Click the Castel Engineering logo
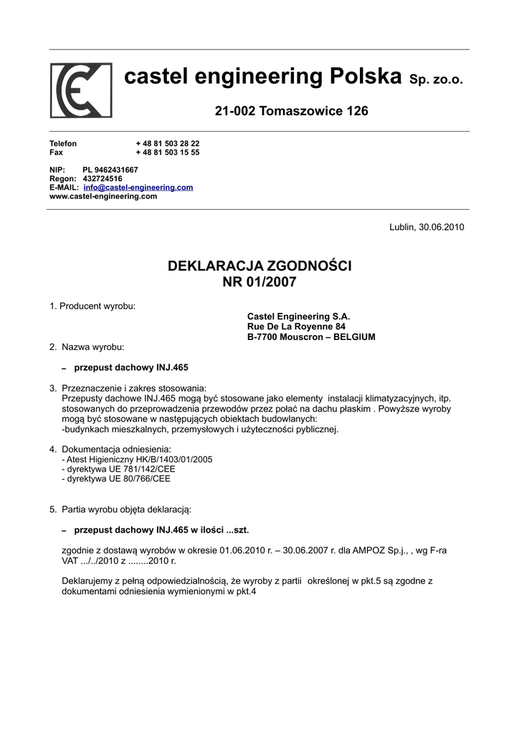(x=81, y=90)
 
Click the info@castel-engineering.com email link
(x=138, y=188)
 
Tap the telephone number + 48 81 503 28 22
(x=168, y=144)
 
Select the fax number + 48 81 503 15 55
(x=168, y=152)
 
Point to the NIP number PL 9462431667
(x=110, y=170)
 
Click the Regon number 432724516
(x=103, y=178)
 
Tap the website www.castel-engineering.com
(x=103, y=196)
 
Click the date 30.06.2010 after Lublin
(x=442, y=227)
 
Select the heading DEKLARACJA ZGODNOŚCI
(x=259, y=266)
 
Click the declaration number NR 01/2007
(x=259, y=283)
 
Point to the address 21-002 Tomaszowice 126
(x=292, y=111)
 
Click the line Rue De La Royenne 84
(x=296, y=326)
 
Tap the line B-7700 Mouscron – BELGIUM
(x=311, y=337)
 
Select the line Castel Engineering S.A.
(x=298, y=316)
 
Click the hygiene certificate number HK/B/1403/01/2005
(x=171, y=460)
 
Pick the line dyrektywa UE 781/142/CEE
(x=120, y=469)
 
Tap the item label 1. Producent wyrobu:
(x=92, y=306)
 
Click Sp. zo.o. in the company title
(x=436, y=79)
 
